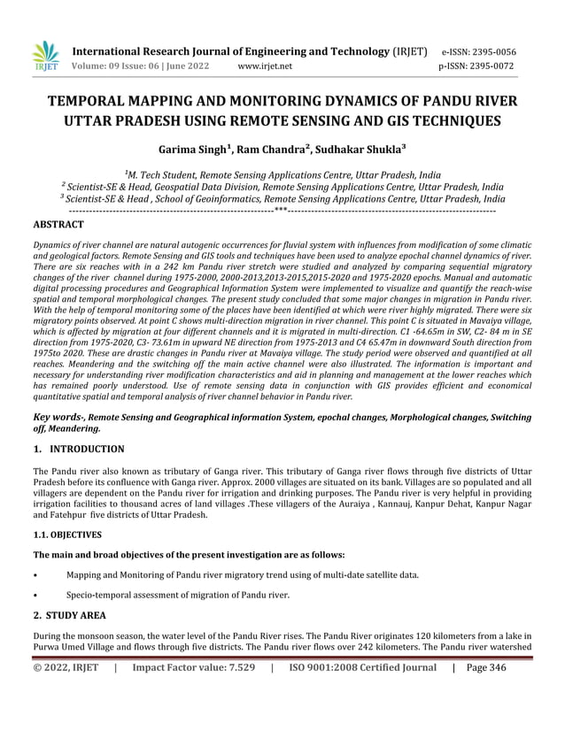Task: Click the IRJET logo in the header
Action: (x=45, y=58)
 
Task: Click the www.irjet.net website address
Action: (x=268, y=65)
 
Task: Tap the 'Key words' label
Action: (x=57, y=414)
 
